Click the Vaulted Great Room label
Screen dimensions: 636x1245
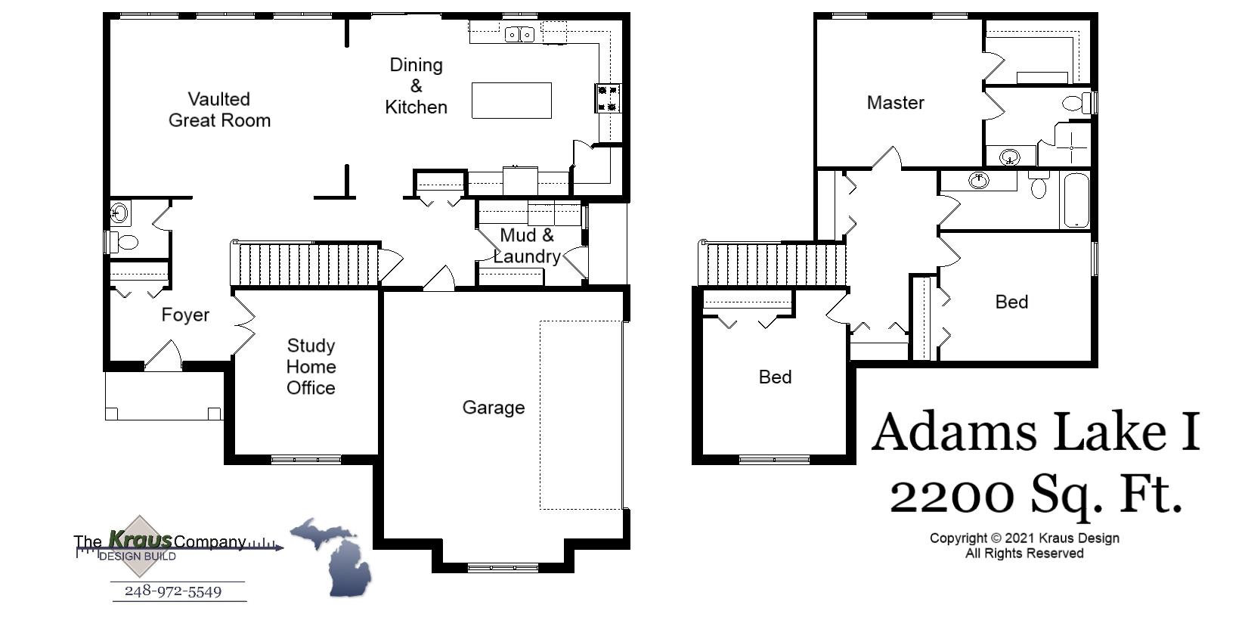[x=219, y=110]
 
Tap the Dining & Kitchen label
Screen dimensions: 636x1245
[x=416, y=85]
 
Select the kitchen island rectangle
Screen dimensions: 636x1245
[x=511, y=101]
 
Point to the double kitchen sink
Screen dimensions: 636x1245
[x=519, y=34]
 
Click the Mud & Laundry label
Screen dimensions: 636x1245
[x=527, y=246]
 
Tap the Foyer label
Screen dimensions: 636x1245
[x=185, y=315]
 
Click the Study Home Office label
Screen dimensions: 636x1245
[x=311, y=367]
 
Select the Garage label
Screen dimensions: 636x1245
[x=494, y=408]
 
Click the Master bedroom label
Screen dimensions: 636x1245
[x=895, y=102]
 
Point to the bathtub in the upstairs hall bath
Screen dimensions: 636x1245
[x=1076, y=200]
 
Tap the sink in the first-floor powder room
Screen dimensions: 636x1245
[x=119, y=213]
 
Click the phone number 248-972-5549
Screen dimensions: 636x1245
[x=173, y=591]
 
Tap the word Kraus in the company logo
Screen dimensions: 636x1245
[x=140, y=539]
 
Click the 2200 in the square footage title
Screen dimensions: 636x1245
[x=952, y=496]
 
